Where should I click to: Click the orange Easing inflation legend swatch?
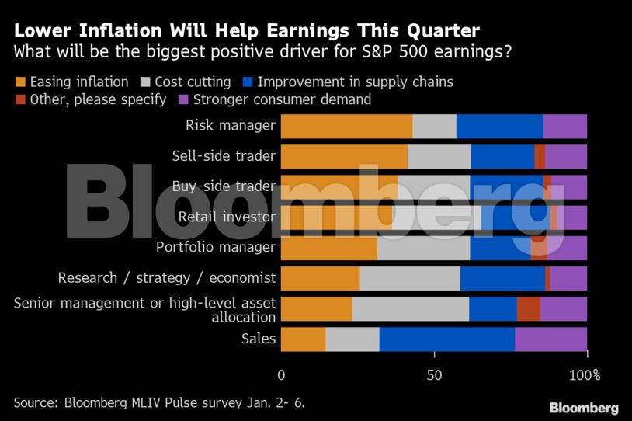20,82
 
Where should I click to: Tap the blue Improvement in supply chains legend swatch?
247,82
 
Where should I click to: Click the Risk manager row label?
231,125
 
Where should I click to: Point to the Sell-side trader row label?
224,155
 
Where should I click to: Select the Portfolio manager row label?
216,247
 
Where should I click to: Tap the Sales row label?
259,339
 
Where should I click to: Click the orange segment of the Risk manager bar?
346,126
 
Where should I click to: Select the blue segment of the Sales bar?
446,339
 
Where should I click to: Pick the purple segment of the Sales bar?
550,339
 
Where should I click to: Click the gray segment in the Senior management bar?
410,308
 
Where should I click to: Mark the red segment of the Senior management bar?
528,308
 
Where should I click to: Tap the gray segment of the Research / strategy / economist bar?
409,278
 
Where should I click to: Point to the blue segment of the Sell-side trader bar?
502,156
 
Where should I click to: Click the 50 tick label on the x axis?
434,375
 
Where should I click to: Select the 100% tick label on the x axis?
585,375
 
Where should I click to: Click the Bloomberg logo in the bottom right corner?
584,408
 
